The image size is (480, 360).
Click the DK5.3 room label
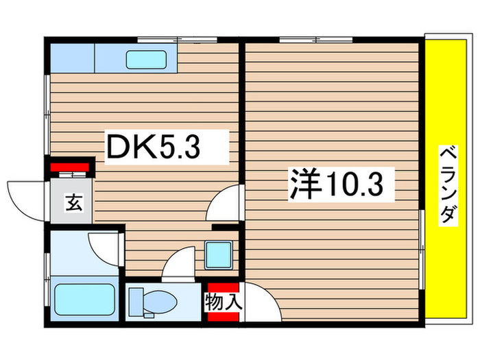coord(154,147)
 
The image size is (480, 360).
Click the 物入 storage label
coord(223,301)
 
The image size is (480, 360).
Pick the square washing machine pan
coord(219,255)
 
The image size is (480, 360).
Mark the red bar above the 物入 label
coord(223,287)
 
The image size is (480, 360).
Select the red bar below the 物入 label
coord(223,315)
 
